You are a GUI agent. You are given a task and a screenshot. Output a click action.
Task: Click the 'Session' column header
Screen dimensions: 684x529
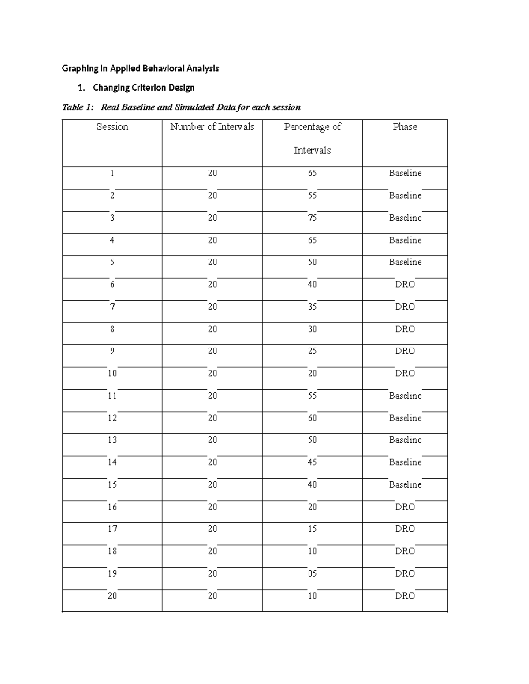(x=112, y=127)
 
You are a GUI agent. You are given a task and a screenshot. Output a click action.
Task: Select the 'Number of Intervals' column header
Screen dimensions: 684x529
(x=212, y=127)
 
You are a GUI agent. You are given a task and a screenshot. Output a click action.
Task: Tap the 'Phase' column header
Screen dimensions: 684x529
(x=405, y=127)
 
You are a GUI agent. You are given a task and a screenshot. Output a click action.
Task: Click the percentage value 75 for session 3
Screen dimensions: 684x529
(x=312, y=218)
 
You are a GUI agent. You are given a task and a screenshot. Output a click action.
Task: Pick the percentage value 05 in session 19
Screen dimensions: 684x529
(x=312, y=573)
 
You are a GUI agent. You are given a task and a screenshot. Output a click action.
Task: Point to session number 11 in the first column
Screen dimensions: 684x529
(x=112, y=396)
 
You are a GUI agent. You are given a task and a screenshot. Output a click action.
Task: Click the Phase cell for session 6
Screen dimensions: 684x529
(x=405, y=285)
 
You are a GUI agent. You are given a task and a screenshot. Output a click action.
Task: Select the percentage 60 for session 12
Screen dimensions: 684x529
(x=312, y=418)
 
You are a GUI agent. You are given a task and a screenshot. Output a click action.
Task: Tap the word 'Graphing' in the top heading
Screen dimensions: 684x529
(x=78, y=69)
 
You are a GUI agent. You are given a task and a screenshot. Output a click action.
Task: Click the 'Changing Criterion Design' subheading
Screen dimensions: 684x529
(x=143, y=88)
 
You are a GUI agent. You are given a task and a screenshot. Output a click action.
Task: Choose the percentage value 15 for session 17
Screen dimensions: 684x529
(x=312, y=529)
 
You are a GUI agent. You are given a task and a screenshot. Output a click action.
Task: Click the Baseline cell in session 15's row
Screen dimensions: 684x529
(x=405, y=484)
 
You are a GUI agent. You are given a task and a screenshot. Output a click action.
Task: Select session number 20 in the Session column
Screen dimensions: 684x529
(x=112, y=596)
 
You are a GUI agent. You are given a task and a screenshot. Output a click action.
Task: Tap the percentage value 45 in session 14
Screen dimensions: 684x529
(x=312, y=462)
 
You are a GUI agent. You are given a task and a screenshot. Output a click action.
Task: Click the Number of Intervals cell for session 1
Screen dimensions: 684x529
(x=212, y=173)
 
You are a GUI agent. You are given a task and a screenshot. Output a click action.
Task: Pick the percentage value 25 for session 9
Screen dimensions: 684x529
(x=312, y=351)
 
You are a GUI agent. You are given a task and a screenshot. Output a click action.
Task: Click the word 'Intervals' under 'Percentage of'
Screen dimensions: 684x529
(x=312, y=151)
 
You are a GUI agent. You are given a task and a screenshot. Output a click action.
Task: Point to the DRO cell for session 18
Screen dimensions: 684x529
(x=405, y=551)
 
